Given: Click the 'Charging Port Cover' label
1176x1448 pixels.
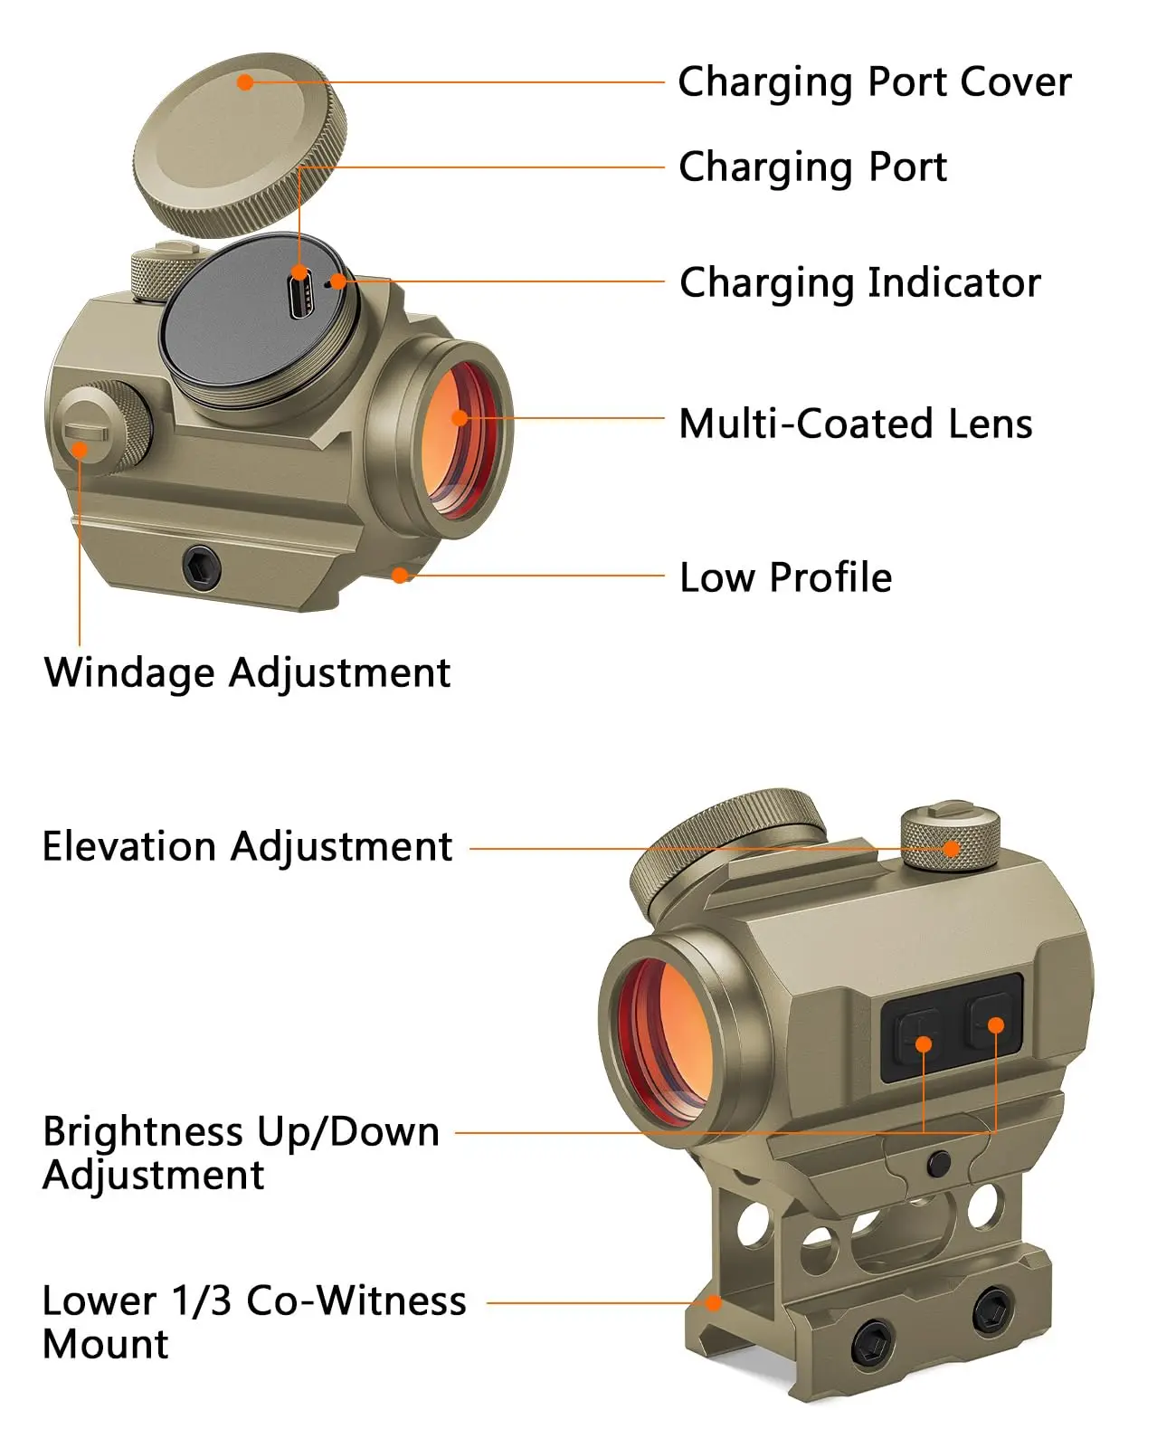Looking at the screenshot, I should click(x=874, y=82).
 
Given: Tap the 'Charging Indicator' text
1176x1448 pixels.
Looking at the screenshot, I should click(x=859, y=283).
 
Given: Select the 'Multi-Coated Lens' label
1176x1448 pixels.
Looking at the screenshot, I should click(x=855, y=424).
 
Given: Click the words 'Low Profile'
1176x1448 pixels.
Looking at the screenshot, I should click(x=785, y=577).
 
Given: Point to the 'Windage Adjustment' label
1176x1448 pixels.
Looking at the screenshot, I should click(x=247, y=672).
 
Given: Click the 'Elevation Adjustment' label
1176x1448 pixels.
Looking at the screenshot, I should click(x=247, y=847).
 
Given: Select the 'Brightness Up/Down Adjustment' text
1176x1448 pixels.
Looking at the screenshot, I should click(x=240, y=1153).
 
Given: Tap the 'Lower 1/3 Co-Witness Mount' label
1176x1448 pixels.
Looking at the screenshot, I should click(x=253, y=1322).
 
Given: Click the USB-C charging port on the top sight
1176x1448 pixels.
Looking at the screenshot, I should click(x=299, y=298).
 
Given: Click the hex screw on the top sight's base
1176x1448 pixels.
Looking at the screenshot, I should click(x=201, y=568).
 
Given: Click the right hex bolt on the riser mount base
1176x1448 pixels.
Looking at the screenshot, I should click(x=991, y=1311).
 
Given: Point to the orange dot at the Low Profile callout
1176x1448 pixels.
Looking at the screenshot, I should click(x=399, y=575).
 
